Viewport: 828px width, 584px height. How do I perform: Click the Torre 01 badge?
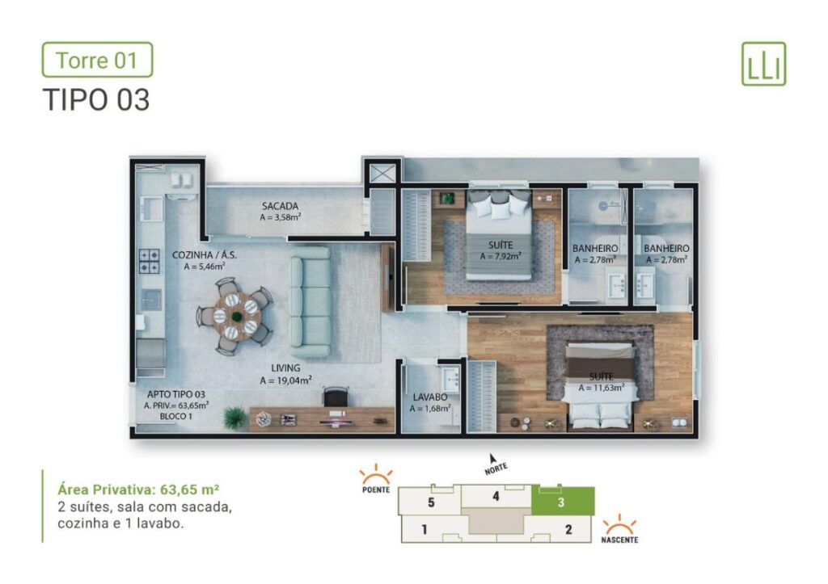(97, 60)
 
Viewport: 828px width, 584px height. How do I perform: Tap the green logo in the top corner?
(763, 64)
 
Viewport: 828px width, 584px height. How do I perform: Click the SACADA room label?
(281, 206)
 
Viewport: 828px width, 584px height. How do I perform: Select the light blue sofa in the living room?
(311, 301)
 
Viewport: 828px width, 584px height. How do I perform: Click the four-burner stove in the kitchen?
(150, 260)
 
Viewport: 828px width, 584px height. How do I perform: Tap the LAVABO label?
(430, 397)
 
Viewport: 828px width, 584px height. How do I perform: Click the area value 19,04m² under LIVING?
(286, 380)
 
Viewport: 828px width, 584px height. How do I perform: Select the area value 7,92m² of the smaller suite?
(501, 257)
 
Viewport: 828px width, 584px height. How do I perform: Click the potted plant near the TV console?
(235, 418)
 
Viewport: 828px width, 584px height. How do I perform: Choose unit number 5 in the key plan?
(432, 503)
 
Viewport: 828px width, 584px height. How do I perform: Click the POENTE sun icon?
(376, 476)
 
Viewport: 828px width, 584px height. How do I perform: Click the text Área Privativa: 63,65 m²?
(140, 489)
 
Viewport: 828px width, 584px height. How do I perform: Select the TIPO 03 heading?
(96, 99)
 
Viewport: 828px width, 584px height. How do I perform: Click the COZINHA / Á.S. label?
(205, 254)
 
